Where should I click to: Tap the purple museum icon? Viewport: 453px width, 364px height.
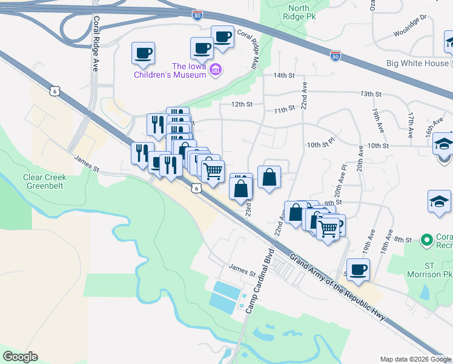(x=215, y=72)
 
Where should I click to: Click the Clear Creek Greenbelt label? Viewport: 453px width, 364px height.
(x=44, y=182)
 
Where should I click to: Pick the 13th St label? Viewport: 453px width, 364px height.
(x=371, y=94)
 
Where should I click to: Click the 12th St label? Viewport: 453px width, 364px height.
(x=240, y=104)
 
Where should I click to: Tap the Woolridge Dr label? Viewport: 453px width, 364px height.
(x=410, y=35)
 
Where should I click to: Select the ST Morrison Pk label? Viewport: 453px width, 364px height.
(x=432, y=270)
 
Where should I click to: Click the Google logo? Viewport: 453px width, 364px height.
(x=20, y=357)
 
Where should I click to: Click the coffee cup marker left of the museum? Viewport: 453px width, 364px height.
(x=143, y=53)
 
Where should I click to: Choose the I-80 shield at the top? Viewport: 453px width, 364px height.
(x=197, y=15)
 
